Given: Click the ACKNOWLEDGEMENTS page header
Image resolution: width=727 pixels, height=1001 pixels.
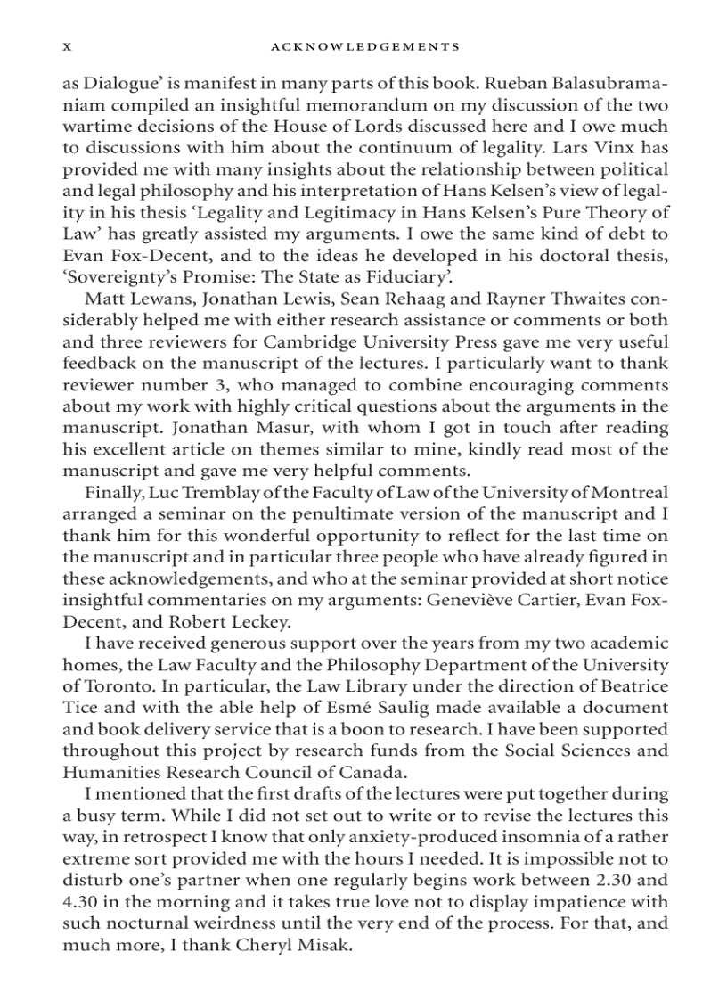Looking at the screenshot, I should click(364, 46).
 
